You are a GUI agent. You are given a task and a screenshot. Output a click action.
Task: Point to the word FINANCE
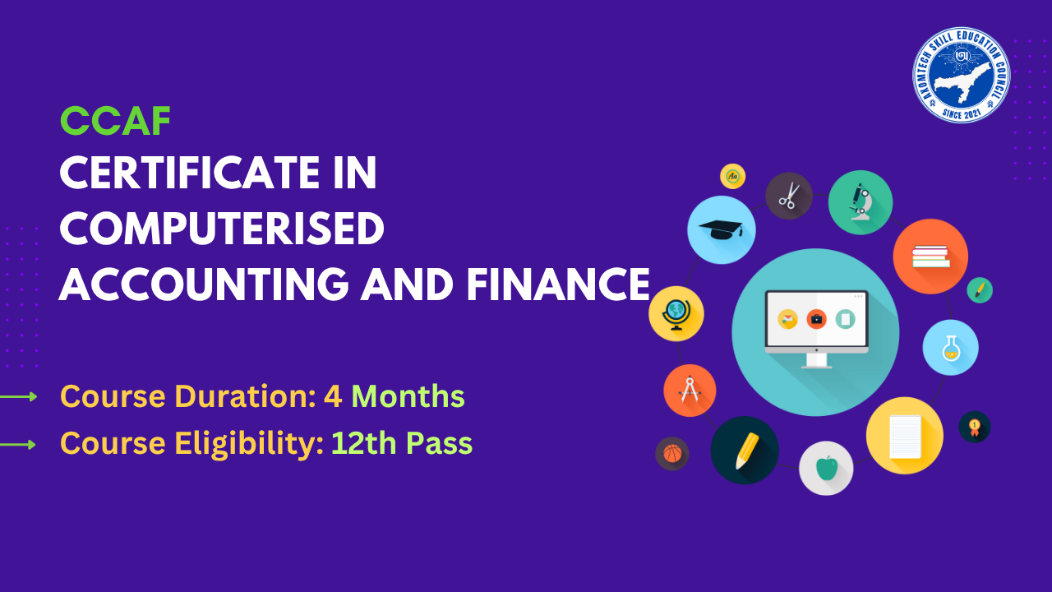click(558, 284)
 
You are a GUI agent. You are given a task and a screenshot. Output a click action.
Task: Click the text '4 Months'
click(394, 396)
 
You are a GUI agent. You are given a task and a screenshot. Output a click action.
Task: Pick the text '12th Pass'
click(402, 444)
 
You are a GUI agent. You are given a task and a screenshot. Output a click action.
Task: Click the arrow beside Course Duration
click(19, 397)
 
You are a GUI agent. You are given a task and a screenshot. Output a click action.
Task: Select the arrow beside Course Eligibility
click(19, 445)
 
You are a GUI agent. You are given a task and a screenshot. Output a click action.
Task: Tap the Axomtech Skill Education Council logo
click(961, 74)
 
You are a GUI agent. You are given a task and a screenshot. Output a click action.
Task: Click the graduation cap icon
click(721, 229)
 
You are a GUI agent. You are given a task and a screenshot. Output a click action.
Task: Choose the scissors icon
click(789, 196)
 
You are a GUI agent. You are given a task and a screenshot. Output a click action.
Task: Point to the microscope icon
click(860, 202)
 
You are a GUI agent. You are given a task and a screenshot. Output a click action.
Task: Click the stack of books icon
click(930, 257)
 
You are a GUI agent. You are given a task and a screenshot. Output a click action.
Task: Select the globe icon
click(676, 314)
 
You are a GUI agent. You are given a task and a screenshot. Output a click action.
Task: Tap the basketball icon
click(671, 453)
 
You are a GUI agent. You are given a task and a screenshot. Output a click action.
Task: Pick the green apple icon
click(826, 468)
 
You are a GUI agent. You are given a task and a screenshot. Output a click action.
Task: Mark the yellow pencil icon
click(745, 450)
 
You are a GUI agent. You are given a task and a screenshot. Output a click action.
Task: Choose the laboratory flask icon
click(950, 347)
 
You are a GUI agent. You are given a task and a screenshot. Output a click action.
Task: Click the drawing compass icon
click(690, 390)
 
